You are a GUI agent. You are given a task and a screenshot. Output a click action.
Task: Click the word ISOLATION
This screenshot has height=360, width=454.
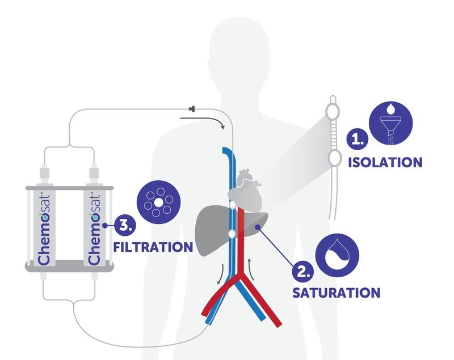(x=385, y=162)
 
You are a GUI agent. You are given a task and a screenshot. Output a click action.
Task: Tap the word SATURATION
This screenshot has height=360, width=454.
(x=336, y=293)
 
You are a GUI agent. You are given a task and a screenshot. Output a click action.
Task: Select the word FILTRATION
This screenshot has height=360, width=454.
(x=153, y=247)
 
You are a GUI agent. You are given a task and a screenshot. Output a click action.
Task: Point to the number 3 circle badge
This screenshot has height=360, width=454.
(x=125, y=225)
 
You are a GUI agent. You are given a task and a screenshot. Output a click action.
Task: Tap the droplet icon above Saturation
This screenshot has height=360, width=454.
(x=337, y=255)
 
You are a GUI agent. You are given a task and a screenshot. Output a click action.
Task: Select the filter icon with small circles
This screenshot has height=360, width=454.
(x=158, y=203)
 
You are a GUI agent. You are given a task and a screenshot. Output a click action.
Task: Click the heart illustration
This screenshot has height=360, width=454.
(x=246, y=191)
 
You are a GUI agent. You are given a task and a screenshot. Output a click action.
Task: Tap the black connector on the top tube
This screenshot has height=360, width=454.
(x=192, y=109)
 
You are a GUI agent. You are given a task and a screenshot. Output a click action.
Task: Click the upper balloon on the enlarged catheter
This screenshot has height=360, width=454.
(x=333, y=111)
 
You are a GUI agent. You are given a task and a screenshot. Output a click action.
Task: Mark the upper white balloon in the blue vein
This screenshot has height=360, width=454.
(x=233, y=205)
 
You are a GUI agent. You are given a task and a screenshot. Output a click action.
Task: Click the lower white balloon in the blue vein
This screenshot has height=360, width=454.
(x=232, y=234)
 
